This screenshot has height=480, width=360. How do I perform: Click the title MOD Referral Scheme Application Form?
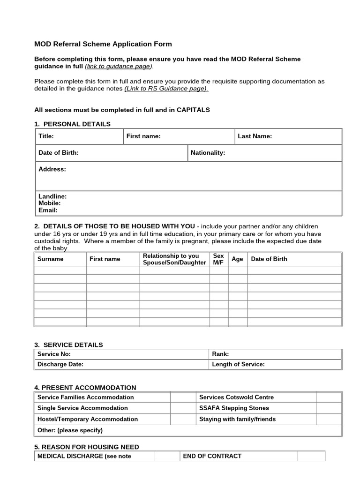pos(103,44)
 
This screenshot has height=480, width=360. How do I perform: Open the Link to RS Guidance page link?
pos(166,88)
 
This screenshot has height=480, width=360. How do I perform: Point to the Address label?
pos(52,169)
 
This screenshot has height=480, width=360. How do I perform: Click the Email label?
pos(48,210)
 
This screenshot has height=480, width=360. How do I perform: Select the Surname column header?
pos(50,259)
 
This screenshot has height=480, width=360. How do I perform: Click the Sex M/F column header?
pos(218,259)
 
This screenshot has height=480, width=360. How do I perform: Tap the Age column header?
pos(237,259)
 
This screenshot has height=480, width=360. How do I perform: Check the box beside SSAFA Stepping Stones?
pos(329,408)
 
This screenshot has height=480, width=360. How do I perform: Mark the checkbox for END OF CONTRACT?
pos(311,456)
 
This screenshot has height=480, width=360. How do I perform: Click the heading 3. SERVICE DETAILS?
pos(68,345)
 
